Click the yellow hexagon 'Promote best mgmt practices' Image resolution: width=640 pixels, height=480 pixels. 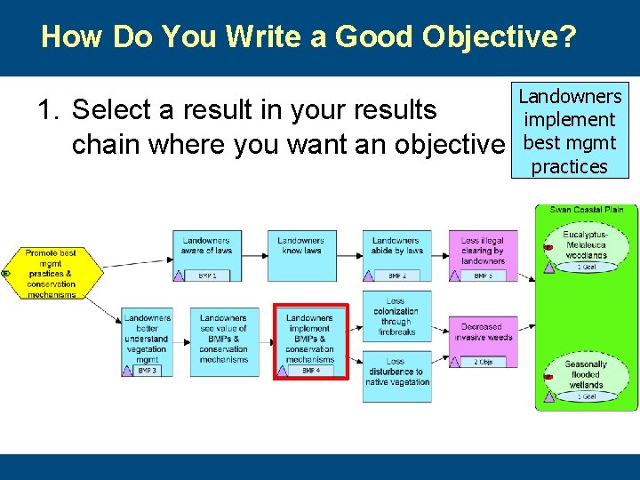pyautogui.click(x=50, y=273)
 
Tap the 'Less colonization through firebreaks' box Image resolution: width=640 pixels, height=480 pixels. pyautogui.click(x=396, y=316)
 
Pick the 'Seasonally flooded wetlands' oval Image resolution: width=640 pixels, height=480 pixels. pyautogui.click(x=586, y=375)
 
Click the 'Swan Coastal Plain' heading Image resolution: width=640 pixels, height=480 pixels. pyautogui.click(x=586, y=210)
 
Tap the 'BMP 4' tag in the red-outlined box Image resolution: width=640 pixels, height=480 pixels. pyautogui.click(x=310, y=370)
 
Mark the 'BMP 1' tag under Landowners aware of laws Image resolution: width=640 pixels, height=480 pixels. pyautogui.click(x=206, y=276)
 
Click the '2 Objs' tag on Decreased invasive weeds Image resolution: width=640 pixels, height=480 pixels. pyautogui.click(x=483, y=362)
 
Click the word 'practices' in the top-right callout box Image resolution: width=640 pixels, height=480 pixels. pyautogui.click(x=569, y=166)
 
